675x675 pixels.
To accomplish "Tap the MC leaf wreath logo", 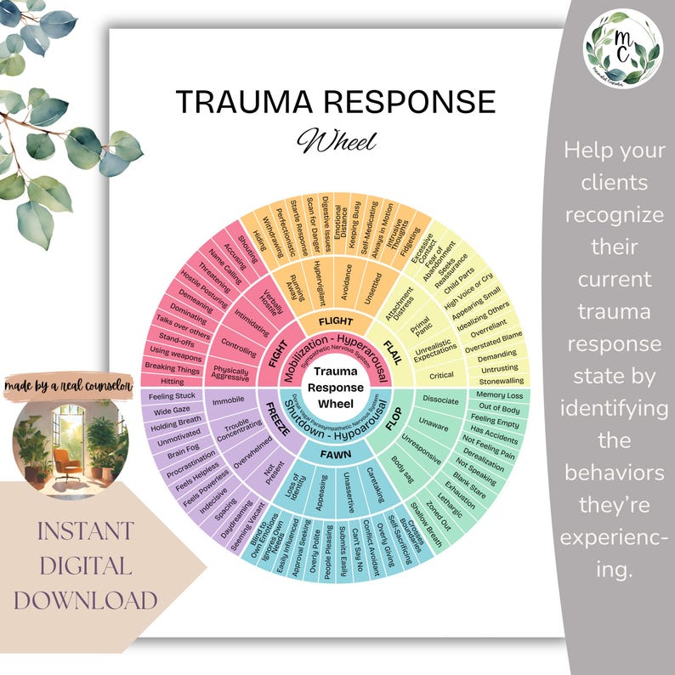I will (622, 47).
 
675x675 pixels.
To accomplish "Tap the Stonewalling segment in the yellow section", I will (502, 381).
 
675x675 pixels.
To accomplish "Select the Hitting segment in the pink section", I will (172, 382).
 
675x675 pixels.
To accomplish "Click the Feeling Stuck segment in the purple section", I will (173, 396).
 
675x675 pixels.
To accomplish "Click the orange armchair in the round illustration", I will (65, 459).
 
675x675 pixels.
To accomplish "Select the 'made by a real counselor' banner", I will (69, 386).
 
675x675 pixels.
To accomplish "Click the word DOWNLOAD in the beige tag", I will (85, 600).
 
